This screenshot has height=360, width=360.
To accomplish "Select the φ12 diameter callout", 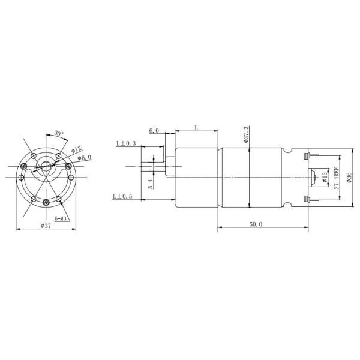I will (x=76, y=150).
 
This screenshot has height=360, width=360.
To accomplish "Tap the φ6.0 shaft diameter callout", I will (x=85, y=158).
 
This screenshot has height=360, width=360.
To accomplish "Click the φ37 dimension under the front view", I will (x=45, y=226).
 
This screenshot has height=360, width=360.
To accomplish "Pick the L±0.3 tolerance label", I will (x=126, y=143).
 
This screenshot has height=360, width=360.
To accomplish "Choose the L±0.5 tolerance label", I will (x=124, y=196).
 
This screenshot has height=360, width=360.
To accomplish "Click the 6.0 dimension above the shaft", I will (x=154, y=130).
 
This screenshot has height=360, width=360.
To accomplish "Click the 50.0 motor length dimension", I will (x=256, y=224).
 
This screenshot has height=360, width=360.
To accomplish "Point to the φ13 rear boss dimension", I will (x=324, y=178).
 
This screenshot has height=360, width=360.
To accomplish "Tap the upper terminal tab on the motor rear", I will (x=308, y=157).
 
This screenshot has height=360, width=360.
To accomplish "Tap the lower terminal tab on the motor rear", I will (x=308, y=199).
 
